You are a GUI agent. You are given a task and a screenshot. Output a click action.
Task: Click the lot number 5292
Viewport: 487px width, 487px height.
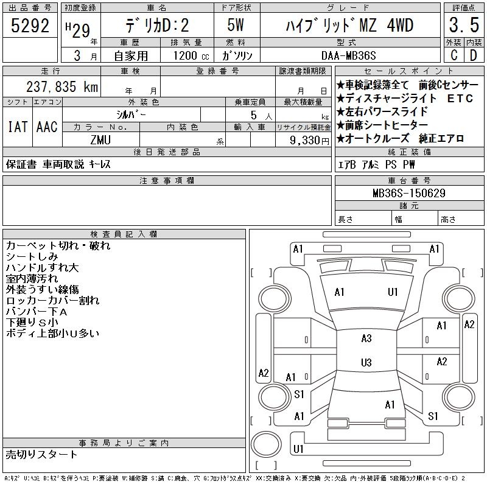point(30,26)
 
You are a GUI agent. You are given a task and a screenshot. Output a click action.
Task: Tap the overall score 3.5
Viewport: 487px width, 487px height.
point(464,25)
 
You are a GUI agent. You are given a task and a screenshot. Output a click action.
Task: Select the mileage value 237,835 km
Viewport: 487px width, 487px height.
point(62,86)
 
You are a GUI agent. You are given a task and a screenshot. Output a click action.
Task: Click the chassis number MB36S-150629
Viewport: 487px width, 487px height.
point(409,193)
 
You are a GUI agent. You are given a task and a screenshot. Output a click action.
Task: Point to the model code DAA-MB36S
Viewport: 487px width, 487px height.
point(348,56)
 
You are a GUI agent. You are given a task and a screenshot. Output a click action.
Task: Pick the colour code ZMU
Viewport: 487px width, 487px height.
point(100,140)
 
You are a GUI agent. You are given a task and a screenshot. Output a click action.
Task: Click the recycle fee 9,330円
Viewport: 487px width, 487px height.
point(309,141)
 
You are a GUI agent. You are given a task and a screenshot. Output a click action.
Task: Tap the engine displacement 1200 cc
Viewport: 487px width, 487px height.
point(191,56)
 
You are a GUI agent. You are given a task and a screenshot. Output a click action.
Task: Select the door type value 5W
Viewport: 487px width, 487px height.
point(236,25)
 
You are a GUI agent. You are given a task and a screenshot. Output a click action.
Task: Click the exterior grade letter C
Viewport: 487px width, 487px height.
point(454,55)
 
